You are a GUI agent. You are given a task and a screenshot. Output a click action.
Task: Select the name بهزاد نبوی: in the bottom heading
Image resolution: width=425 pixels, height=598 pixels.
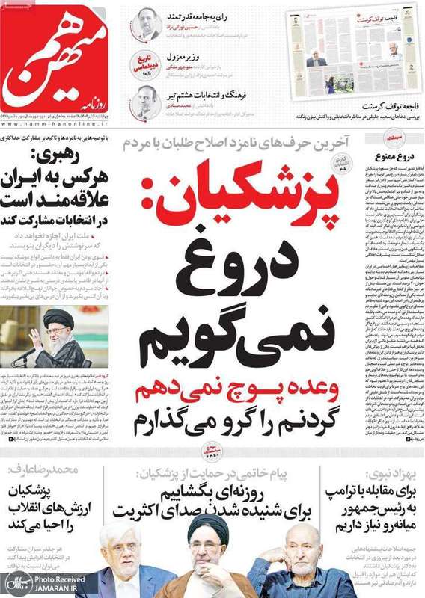[385, 472]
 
